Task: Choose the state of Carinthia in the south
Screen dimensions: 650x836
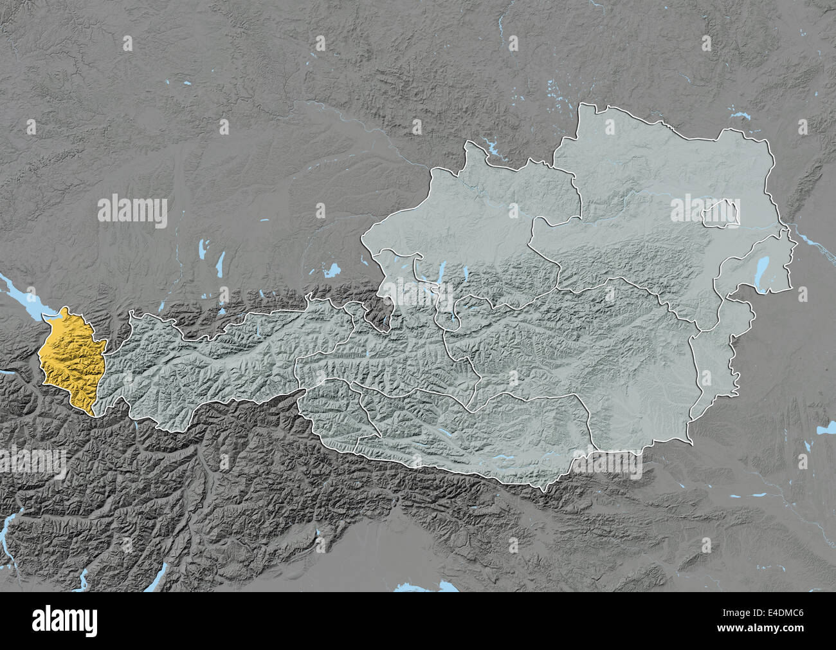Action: [x=476, y=438]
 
